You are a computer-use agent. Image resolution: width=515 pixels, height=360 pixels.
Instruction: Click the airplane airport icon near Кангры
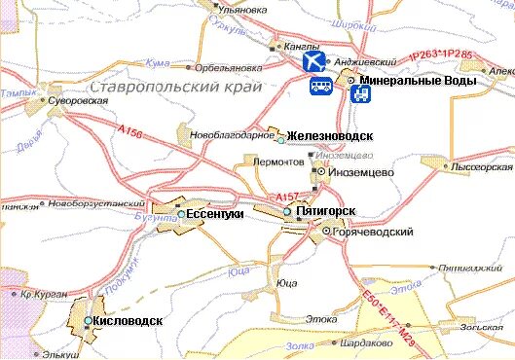point(313,61)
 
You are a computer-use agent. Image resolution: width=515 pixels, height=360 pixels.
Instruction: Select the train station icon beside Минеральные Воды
point(360,94)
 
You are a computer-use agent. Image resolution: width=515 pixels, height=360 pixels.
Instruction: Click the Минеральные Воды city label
point(417,81)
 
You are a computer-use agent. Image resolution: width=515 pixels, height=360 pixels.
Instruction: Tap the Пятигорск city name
point(325,211)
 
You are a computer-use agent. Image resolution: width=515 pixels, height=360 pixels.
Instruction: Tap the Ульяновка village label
point(243,10)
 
